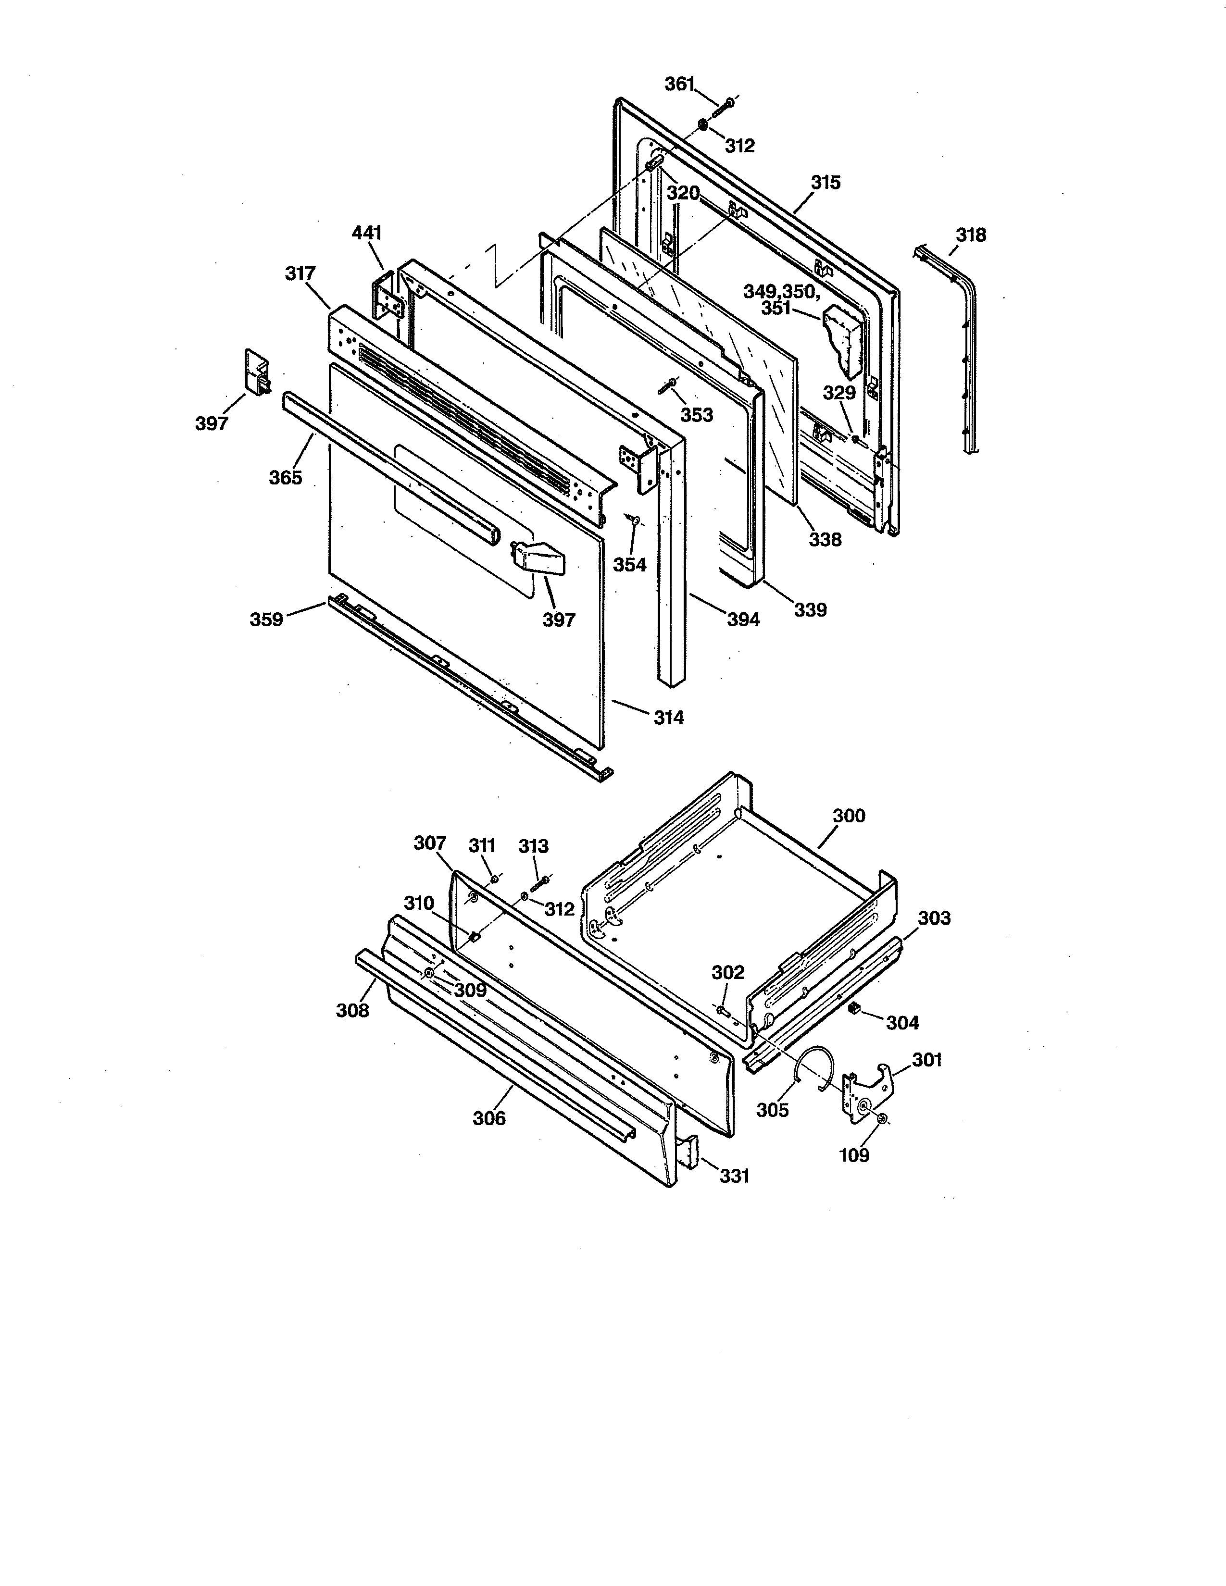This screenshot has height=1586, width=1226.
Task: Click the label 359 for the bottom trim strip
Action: (x=266, y=620)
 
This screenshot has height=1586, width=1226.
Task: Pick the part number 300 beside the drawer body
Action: (x=848, y=816)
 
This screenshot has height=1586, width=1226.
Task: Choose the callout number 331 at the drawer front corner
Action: (x=734, y=1175)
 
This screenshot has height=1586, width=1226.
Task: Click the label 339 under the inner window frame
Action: (x=810, y=610)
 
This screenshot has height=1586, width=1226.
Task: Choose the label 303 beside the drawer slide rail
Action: (x=933, y=918)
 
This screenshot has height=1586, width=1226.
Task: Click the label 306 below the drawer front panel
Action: (x=489, y=1118)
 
